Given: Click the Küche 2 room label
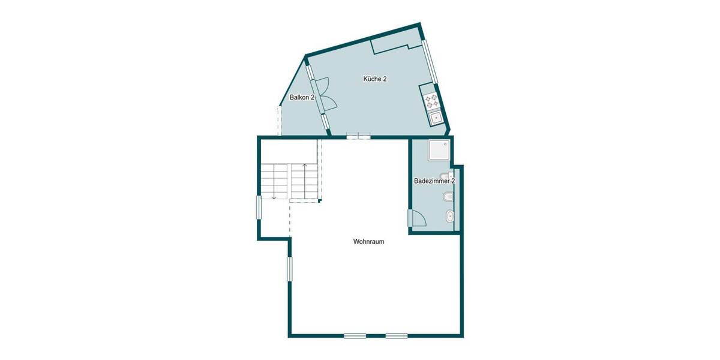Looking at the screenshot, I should tap(374, 79).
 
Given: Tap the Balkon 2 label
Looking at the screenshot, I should tap(302, 97).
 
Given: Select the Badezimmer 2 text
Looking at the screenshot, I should tap(434, 181).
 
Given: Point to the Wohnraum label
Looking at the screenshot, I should tap(368, 242).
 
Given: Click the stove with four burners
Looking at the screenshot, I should tap(431, 101).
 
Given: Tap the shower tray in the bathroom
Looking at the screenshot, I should tap(438, 151).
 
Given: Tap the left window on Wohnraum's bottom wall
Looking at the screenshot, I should tap(355, 335).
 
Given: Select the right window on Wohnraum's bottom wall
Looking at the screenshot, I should tap(397, 335).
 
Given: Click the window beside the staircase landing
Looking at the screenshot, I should tap(259, 207).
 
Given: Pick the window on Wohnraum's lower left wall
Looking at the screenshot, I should tap(289, 269).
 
